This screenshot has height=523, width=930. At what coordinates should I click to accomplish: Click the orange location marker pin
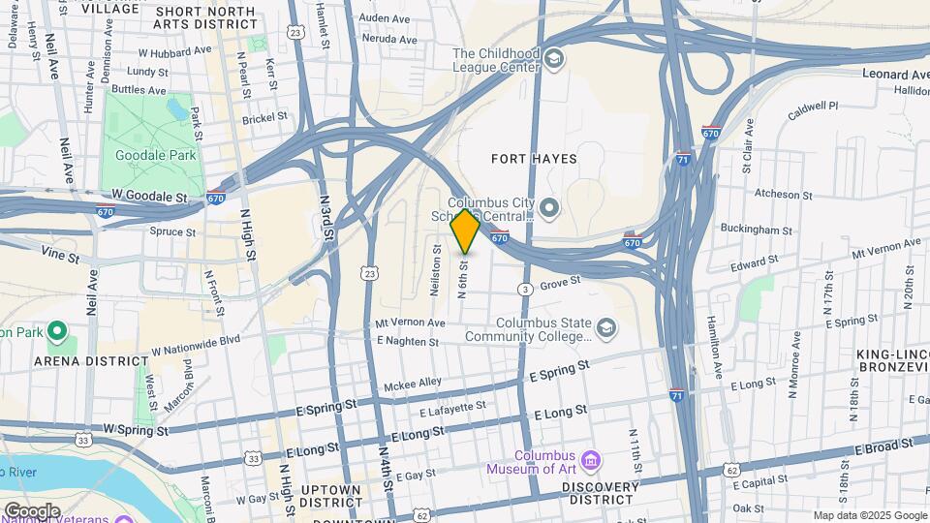(x=465, y=231)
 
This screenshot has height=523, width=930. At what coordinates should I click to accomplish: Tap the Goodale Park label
(x=155, y=155)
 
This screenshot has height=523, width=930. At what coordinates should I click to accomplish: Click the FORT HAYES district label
(x=534, y=159)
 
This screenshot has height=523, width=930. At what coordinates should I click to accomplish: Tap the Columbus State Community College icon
(x=606, y=329)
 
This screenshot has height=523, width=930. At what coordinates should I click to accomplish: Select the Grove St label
(x=559, y=284)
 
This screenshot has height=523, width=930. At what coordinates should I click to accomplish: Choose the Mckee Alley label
(x=412, y=384)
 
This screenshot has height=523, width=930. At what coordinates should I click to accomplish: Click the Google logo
(x=31, y=510)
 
